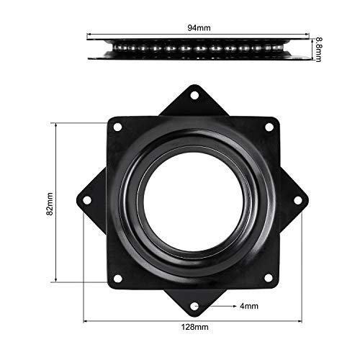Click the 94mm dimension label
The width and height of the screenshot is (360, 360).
click(x=199, y=28)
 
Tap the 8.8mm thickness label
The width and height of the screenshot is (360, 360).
click(x=318, y=50)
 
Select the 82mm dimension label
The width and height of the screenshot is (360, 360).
click(x=50, y=204)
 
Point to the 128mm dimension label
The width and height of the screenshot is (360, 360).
click(x=195, y=327)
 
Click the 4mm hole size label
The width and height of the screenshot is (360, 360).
click(x=249, y=306)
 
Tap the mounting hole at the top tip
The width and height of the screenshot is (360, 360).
click(x=194, y=95)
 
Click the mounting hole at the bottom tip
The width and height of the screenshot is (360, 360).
click(x=194, y=307)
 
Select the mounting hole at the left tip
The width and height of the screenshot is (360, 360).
click(x=87, y=200)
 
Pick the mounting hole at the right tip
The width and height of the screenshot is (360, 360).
click(x=298, y=200)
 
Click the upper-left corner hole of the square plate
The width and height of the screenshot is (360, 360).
click(x=117, y=127)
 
